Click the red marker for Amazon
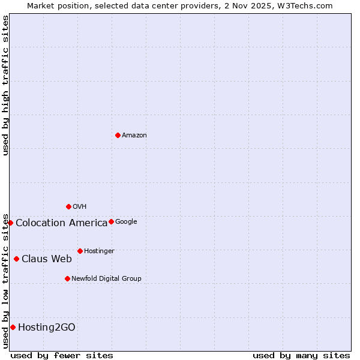pyautogui.click(x=118, y=135)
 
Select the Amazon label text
pyautogui.click(x=134, y=136)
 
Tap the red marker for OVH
pyautogui.click(x=68, y=206)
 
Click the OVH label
pyautogui.click(x=80, y=207)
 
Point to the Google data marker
pyautogui.click(x=111, y=221)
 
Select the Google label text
pyautogui.click(x=126, y=222)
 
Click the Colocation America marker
pyautogui.click(x=10, y=223)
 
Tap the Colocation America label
pyautogui.click(x=61, y=223)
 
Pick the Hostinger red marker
pyautogui.click(x=80, y=251)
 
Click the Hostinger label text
pyautogui.click(x=99, y=251)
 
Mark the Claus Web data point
pyautogui.click(x=16, y=259)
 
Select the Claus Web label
pyautogui.click(x=47, y=259)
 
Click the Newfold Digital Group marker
pyautogui.click(x=67, y=278)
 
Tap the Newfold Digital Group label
pyautogui.click(x=106, y=279)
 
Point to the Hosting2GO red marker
pyautogui.click(x=13, y=327)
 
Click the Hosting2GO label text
pyautogui.click(x=47, y=328)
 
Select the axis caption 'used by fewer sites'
pyautogui.click(x=62, y=355)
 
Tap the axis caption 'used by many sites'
pyautogui.click(x=301, y=355)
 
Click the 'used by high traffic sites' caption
pyautogui.click(x=5, y=85)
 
